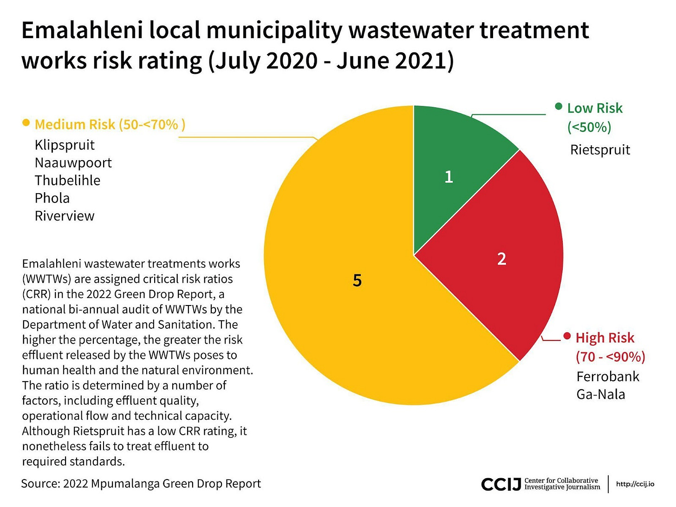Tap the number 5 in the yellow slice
tap(357, 280)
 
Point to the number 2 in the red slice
tap(501, 259)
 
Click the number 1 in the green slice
tap(448, 177)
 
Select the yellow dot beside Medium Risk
tap(26, 123)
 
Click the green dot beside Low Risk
tap(559, 106)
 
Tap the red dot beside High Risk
tap(567, 336)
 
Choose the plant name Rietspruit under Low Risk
tap(600, 150)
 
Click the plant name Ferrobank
tap(608, 377)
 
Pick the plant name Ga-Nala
tap(601, 394)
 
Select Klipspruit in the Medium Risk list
tap(65, 145)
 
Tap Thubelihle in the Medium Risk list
tap(67, 180)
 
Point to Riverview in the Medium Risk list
tap(65, 216)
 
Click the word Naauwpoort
tap(73, 162)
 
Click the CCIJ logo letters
tap(501, 484)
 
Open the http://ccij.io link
tap(635, 484)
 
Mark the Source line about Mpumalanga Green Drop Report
tap(141, 484)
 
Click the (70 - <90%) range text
tap(610, 357)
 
